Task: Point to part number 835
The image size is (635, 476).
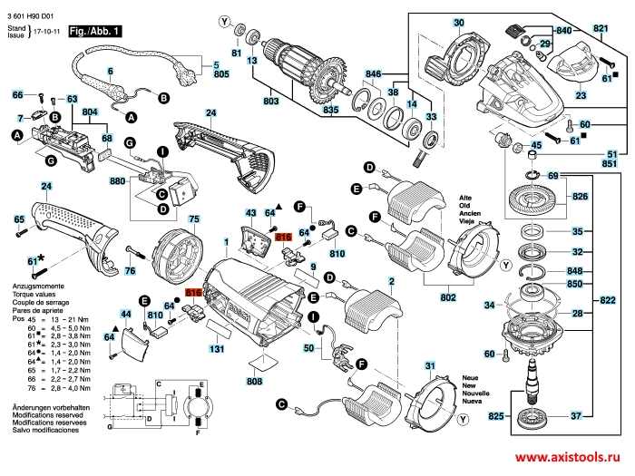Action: [x=331, y=111]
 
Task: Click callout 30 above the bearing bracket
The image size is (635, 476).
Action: [x=459, y=23]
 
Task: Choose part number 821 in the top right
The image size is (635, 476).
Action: [x=601, y=29]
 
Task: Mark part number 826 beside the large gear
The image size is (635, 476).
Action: [x=578, y=195]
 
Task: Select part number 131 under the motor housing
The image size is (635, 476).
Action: [x=218, y=348]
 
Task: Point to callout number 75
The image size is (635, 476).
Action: [x=193, y=219]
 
